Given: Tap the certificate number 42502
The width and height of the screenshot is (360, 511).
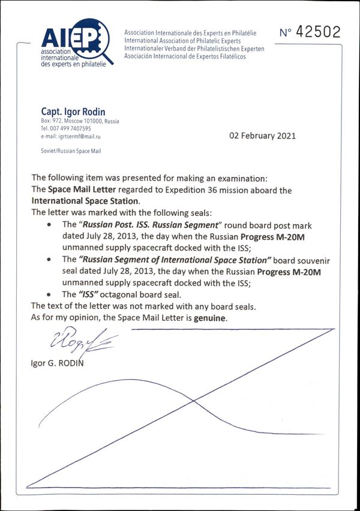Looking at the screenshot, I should tap(310, 32).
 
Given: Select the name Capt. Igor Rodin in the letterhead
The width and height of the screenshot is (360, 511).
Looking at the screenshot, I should tap(73, 112).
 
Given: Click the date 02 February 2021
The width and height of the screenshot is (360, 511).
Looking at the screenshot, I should tap(263, 136).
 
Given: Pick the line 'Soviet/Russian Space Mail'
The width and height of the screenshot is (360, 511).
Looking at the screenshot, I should tap(71, 151).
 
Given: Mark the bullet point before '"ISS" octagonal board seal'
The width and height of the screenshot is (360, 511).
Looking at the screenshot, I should tap(49, 294).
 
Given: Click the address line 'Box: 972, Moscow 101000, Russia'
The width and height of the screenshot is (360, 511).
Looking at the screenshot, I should tap(79, 121).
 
